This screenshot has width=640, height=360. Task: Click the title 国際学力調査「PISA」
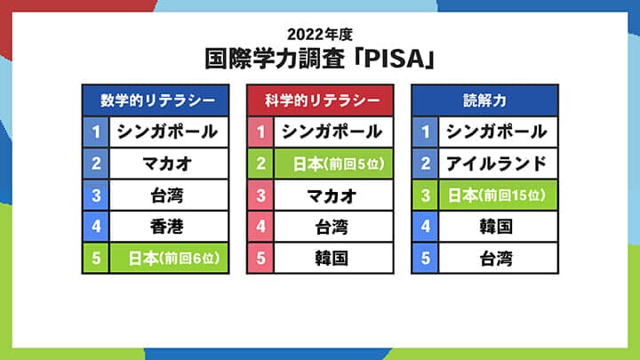tap(320, 60)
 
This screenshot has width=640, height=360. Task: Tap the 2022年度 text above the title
tap(320, 36)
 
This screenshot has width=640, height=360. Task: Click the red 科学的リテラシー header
tap(319, 100)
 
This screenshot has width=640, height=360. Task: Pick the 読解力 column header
tap(484, 100)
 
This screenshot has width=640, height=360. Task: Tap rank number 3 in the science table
tap(260, 195)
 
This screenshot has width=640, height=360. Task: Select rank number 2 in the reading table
tap(426, 164)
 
